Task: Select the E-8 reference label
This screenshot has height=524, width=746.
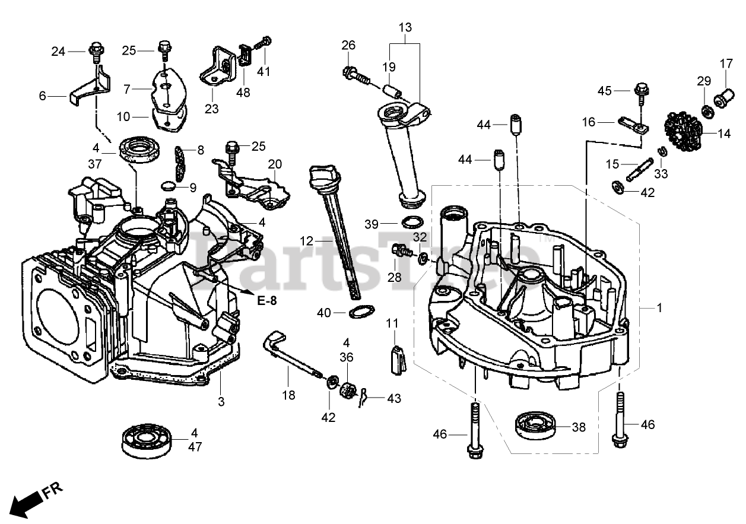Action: pyautogui.click(x=267, y=301)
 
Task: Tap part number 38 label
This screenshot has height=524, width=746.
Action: pyautogui.click(x=579, y=427)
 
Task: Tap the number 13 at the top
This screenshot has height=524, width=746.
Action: pyautogui.click(x=405, y=27)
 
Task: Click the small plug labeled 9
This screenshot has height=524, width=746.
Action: pyautogui.click(x=169, y=186)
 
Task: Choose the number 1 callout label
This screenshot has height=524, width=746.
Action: pyautogui.click(x=659, y=309)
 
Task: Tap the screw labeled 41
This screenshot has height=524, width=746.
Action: pyautogui.click(x=265, y=43)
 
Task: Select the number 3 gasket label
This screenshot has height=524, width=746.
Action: pyautogui.click(x=221, y=402)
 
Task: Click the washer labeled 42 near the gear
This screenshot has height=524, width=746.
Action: pyautogui.click(x=617, y=188)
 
